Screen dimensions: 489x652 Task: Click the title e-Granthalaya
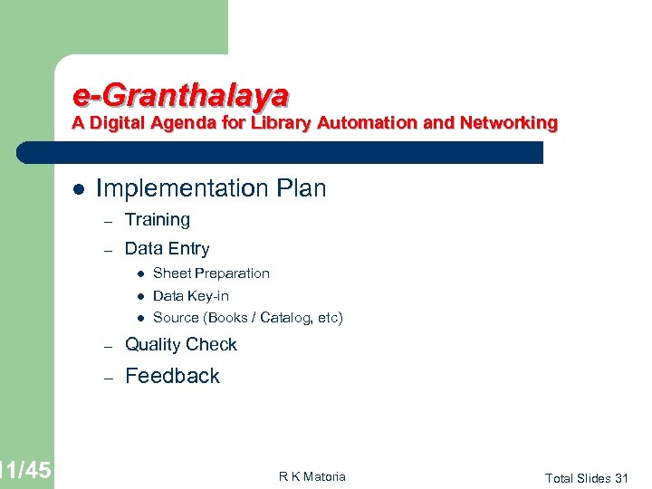(x=181, y=94)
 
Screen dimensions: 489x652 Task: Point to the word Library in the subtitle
(x=284, y=123)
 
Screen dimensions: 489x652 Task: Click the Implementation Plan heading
(x=210, y=188)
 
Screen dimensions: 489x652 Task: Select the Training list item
(x=157, y=220)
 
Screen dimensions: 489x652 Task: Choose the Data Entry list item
(x=167, y=249)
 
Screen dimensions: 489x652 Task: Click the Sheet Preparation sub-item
(x=211, y=273)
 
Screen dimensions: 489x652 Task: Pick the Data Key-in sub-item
(x=190, y=296)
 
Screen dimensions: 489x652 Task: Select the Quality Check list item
(x=180, y=345)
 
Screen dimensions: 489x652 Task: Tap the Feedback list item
(x=172, y=377)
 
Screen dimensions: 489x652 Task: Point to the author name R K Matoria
(x=312, y=477)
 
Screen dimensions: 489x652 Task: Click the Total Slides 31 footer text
(x=586, y=478)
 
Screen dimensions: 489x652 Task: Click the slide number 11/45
(x=25, y=470)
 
